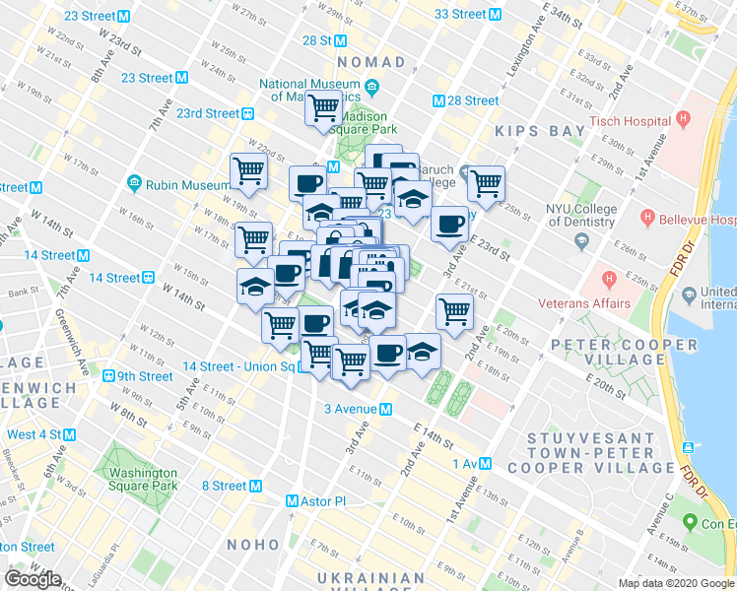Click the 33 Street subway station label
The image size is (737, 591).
[x=460, y=15]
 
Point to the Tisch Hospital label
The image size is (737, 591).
[x=631, y=121]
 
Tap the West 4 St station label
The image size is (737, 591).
[x=34, y=434]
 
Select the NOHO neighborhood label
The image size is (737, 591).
[x=254, y=544]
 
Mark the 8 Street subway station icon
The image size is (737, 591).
[x=256, y=486]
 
